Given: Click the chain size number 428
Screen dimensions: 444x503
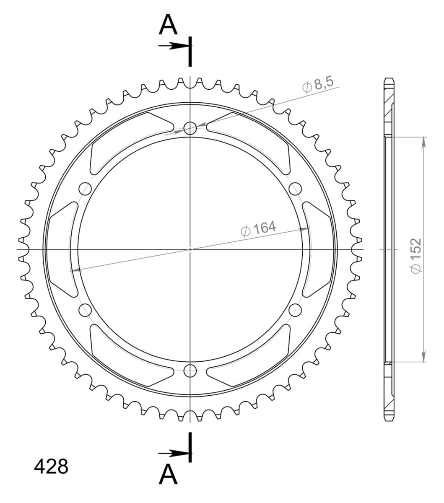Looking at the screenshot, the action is click(x=51, y=467).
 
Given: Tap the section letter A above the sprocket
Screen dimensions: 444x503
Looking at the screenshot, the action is click(x=168, y=25).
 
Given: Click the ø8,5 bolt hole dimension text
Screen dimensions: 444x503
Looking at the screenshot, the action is click(x=318, y=86).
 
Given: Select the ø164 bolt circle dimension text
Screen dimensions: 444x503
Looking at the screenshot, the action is click(x=258, y=228).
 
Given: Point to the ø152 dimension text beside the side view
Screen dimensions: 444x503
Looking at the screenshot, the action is click(x=416, y=256).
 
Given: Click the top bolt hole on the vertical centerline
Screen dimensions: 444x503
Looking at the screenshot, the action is click(x=190, y=128).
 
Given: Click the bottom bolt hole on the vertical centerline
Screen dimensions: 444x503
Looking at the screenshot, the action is click(x=190, y=371).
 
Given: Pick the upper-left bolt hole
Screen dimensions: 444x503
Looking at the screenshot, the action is click(x=85, y=189).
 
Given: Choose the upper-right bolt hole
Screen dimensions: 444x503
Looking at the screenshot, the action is click(x=295, y=189).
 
